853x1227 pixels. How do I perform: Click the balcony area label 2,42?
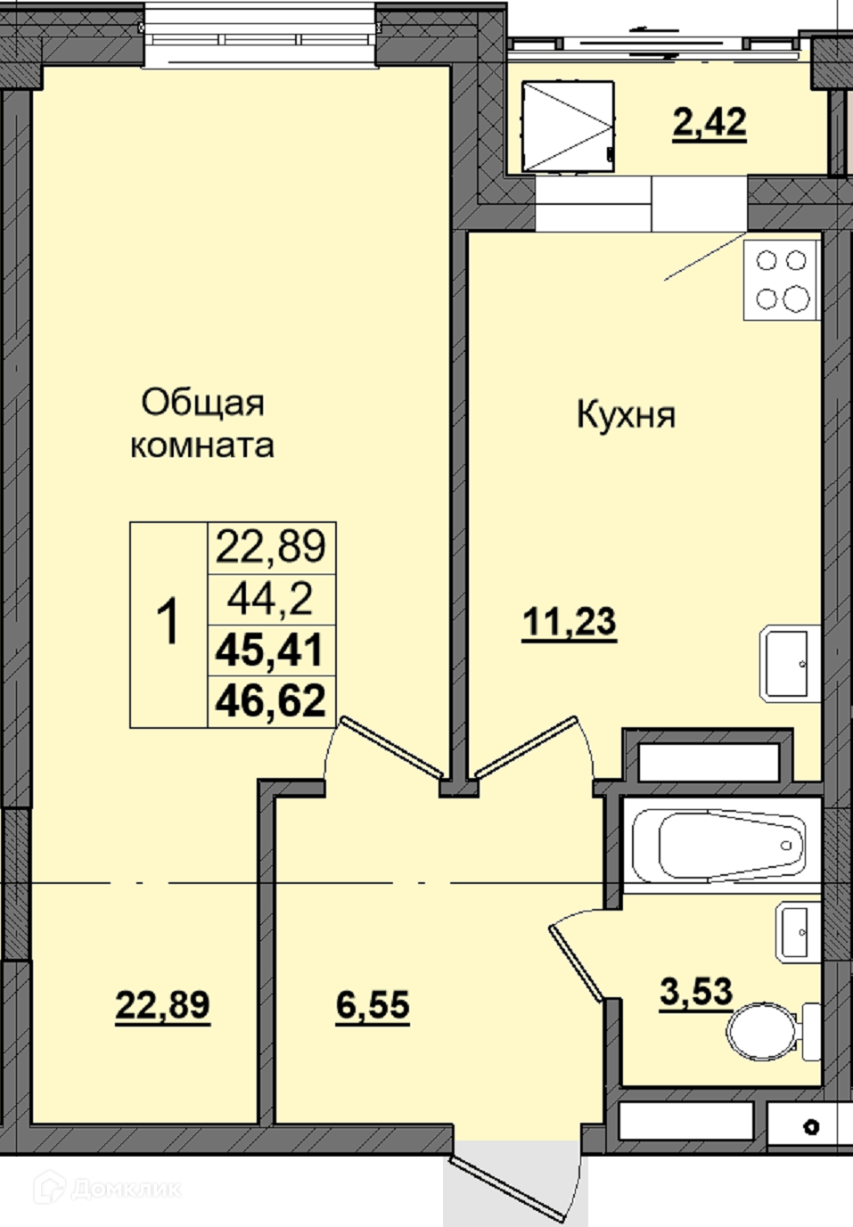point(709,122)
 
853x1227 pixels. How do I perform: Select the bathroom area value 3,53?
point(696,991)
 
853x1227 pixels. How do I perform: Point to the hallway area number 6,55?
point(373,1005)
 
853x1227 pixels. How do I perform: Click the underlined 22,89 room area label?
point(163,1004)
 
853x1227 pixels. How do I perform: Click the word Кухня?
point(626,415)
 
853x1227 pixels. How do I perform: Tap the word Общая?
point(202,405)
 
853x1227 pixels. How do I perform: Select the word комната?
point(202,446)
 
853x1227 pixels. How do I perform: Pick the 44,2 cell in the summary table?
point(270,600)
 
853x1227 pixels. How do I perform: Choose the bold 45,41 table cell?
point(270,650)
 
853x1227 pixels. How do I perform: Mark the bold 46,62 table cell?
point(270,700)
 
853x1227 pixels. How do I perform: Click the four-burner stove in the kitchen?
point(781,280)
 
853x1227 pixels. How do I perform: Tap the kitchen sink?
point(790,663)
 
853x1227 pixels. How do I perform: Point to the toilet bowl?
point(774,1032)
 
